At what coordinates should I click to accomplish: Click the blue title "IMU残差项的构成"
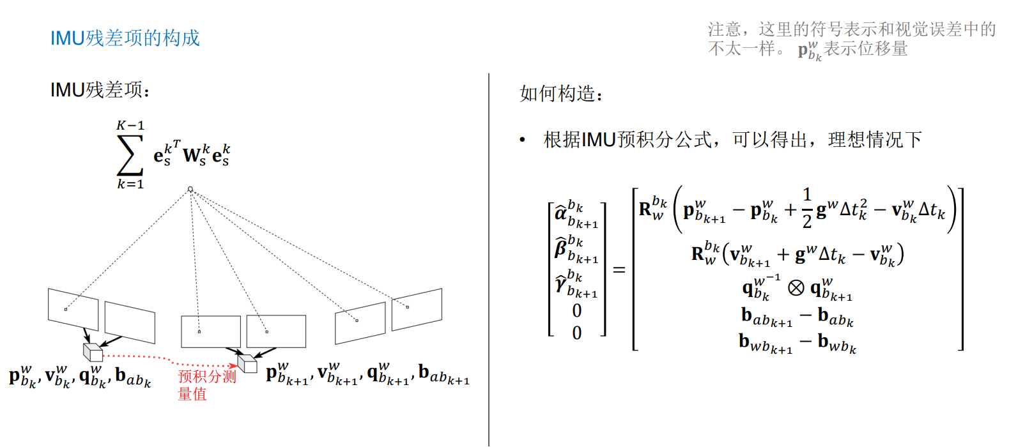(x=125, y=38)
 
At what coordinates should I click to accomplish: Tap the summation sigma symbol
(x=130, y=155)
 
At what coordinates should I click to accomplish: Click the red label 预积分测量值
(x=206, y=384)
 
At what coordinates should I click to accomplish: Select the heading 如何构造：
(x=561, y=94)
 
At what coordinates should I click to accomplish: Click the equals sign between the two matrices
(x=619, y=270)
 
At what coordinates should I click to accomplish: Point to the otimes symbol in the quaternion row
(x=796, y=288)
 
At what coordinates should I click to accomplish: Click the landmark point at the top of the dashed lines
(x=190, y=189)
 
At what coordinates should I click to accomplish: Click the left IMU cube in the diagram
(x=93, y=352)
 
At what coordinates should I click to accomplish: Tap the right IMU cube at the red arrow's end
(x=247, y=363)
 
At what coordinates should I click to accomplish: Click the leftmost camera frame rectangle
(x=73, y=309)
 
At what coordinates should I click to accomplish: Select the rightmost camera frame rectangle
(x=417, y=310)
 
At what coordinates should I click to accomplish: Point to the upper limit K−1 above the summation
(x=130, y=126)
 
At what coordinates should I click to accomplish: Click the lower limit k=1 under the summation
(x=130, y=185)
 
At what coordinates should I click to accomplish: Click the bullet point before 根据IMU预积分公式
(x=523, y=140)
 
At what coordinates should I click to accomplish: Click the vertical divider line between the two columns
(x=489, y=255)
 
